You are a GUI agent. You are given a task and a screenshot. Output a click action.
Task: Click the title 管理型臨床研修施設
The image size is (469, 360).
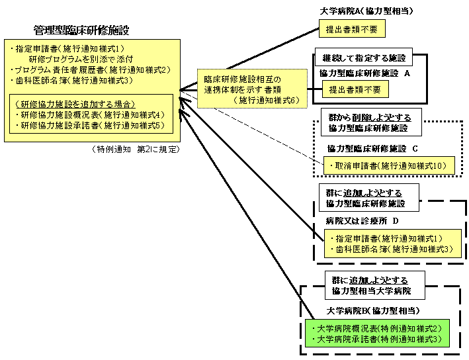81,30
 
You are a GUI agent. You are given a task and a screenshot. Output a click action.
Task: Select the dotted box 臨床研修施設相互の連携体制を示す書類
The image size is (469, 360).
252,89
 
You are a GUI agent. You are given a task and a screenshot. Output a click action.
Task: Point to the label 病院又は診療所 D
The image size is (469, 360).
362,220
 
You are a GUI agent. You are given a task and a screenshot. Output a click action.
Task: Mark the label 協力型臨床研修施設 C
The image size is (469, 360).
372,148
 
